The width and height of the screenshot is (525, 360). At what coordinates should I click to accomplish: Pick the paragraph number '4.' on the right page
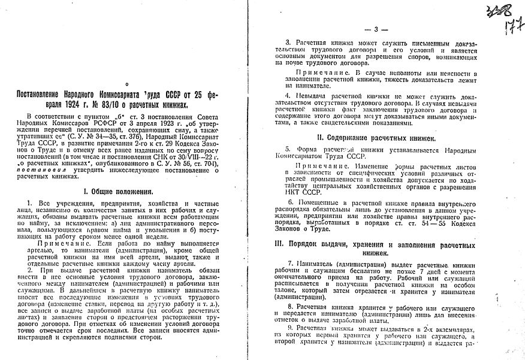tap(289, 95)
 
